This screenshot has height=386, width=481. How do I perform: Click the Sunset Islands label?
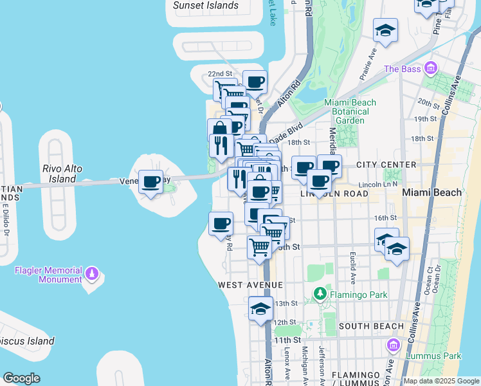pyautogui.click(x=206, y=6)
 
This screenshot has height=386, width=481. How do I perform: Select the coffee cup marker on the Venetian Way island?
pyautogui.click(x=151, y=182)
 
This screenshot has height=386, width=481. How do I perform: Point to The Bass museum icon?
pyautogui.click(x=431, y=68)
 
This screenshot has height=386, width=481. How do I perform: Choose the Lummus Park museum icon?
pyautogui.click(x=392, y=347)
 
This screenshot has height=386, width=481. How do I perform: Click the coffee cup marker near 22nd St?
pyautogui.click(x=255, y=82)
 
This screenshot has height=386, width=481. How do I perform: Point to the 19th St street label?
pyautogui.click(x=425, y=119)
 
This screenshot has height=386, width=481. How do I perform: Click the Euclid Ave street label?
pyautogui.click(x=354, y=268)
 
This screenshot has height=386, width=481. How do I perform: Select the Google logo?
pyautogui.click(x=21, y=378)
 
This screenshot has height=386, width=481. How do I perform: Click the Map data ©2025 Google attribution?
pyautogui.click(x=442, y=381)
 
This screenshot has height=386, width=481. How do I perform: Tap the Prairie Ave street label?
pyautogui.click(x=368, y=60)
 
